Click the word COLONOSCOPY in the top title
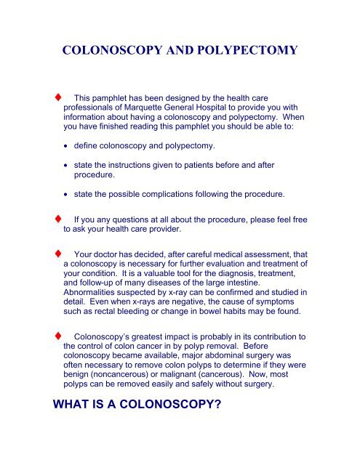point(107,53)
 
